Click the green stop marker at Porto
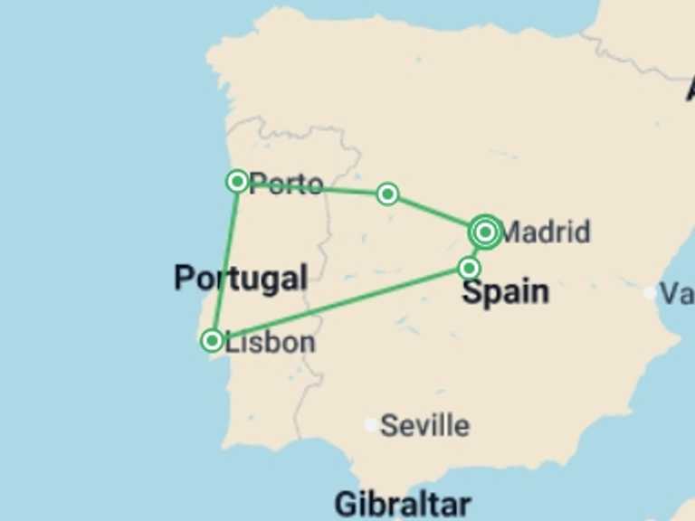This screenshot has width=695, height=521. tap(237, 181)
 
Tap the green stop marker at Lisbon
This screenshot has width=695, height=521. tap(212, 340)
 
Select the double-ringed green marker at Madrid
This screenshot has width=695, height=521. tap(486, 233)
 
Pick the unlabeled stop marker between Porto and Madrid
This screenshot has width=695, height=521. tap(387, 194)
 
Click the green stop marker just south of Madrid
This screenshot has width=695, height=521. tap(469, 268)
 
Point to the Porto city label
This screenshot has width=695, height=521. tap(287, 185)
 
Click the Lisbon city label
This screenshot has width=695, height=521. tap(271, 343)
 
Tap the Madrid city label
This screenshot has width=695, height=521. tap(545, 232)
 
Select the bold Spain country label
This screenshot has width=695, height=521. tap(505, 292)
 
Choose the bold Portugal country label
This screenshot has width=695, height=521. tap(241, 278)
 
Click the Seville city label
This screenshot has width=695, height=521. tap(425, 425)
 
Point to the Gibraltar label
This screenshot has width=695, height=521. tap(402, 504)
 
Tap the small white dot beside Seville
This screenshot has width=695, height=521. tap(371, 424)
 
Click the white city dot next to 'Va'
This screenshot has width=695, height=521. tap(650, 292)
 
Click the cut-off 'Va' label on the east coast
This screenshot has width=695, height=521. tap(676, 293)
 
